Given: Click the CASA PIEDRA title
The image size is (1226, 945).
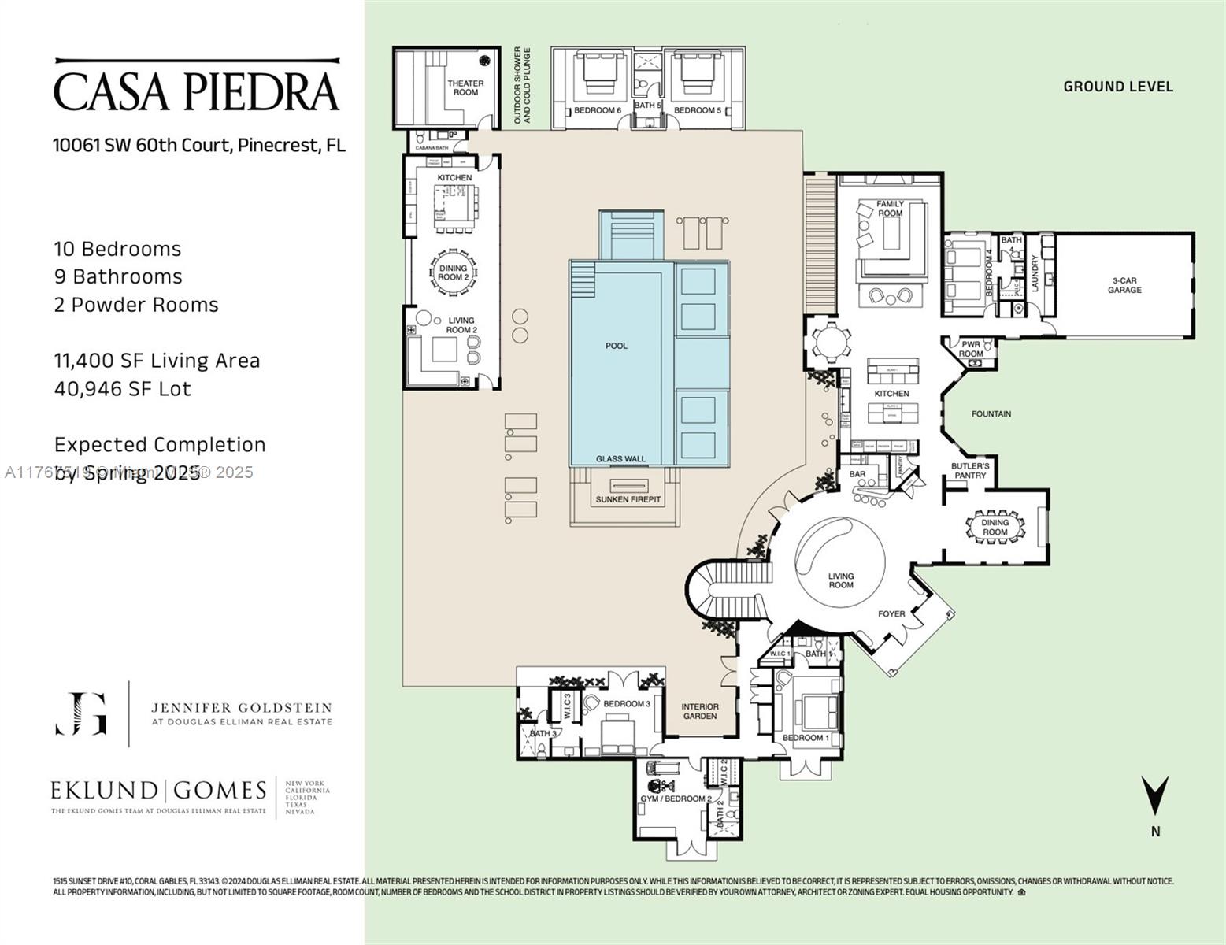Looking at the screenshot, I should [196, 91].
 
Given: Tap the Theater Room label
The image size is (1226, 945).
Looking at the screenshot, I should [465, 87].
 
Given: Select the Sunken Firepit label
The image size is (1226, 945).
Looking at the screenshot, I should [628, 500].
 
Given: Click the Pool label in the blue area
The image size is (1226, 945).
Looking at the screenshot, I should [617, 346].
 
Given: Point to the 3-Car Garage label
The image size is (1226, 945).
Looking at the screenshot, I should [1124, 285].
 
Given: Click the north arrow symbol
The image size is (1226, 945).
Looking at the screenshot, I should [1155, 795].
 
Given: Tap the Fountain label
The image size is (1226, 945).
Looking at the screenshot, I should [991, 414].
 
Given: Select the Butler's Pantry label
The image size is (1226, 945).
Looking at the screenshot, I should [970, 471].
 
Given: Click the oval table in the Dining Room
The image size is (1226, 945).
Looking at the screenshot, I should [995, 527].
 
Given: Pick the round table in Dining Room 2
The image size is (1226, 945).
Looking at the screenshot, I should [453, 273].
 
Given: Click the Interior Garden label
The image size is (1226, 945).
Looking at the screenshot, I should [699, 712].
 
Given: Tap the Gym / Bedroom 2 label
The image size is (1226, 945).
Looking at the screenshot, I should [676, 799].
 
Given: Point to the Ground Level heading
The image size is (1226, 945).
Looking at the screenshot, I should [1118, 87].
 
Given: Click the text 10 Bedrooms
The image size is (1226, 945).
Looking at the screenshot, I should [117, 250].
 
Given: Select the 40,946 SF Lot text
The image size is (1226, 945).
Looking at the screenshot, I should [123, 389].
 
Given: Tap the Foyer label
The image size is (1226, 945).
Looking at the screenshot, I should [891, 614].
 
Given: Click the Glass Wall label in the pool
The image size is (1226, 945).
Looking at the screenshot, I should [620, 459].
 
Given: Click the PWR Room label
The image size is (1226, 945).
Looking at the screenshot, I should [971, 349].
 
